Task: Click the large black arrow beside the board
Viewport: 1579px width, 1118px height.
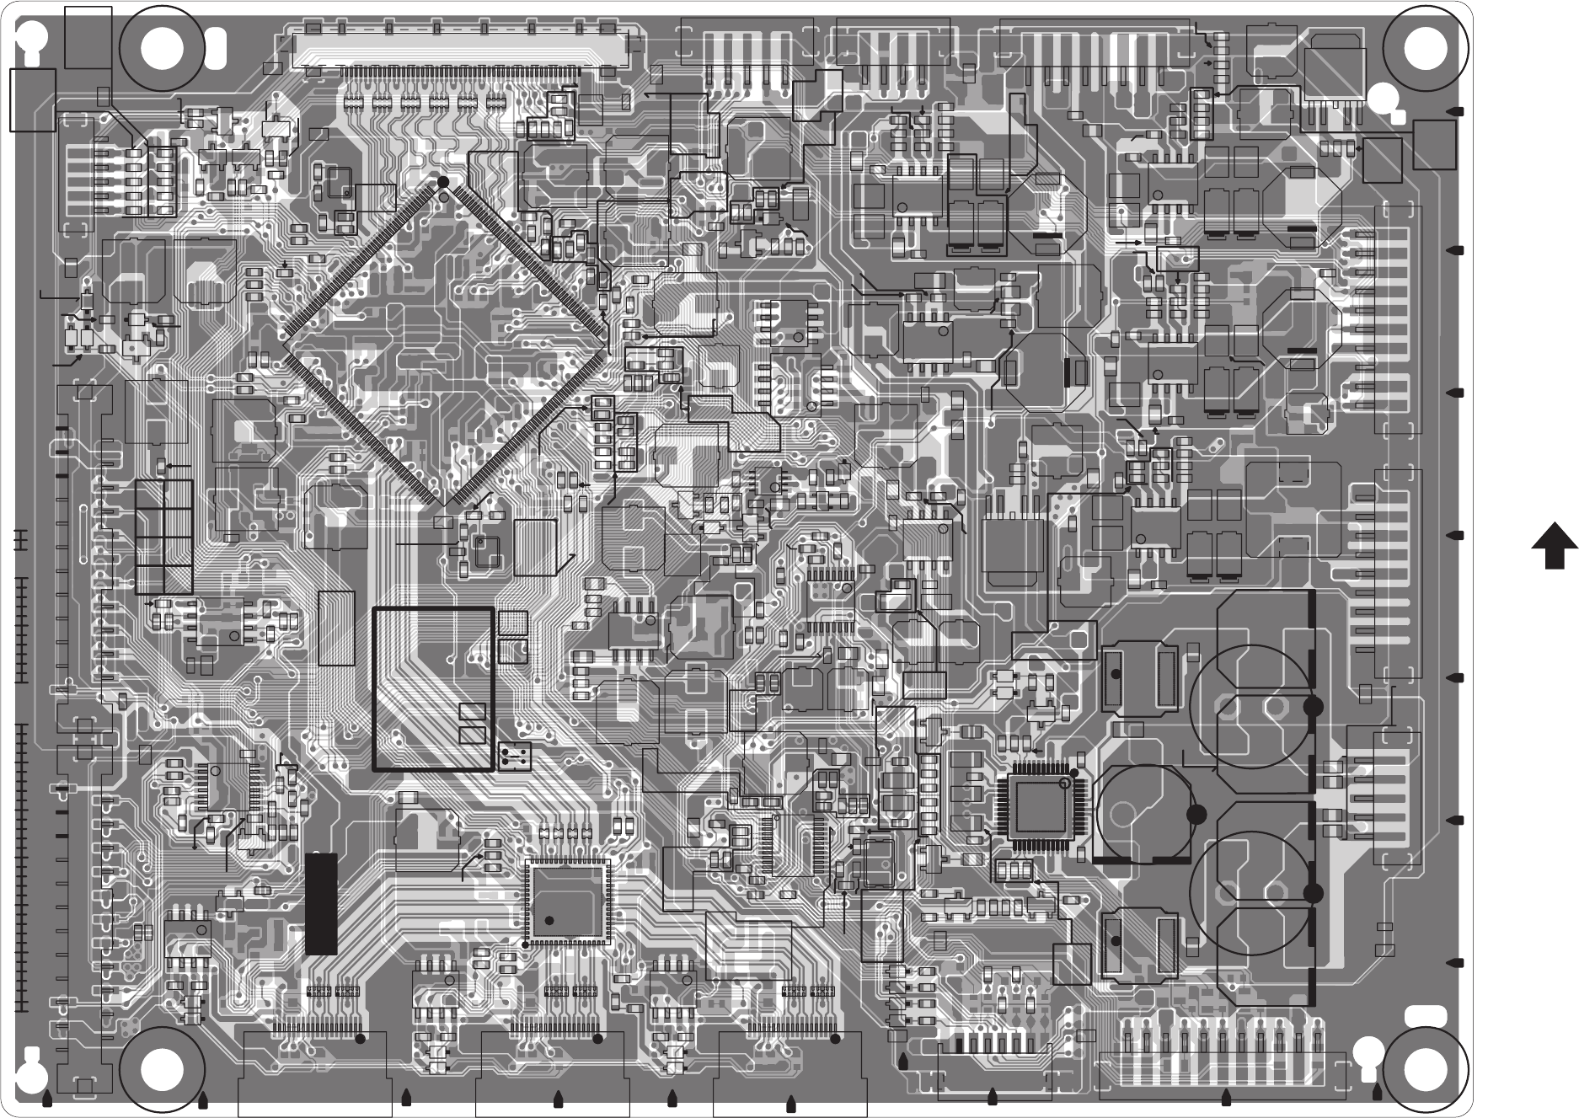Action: (1554, 547)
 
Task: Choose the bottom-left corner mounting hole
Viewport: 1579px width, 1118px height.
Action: (162, 1070)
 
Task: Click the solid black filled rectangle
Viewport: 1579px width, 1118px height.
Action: (321, 904)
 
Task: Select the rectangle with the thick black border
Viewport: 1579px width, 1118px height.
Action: (433, 689)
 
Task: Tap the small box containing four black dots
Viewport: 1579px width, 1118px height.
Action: (514, 755)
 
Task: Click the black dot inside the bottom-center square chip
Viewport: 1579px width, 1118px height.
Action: (549, 920)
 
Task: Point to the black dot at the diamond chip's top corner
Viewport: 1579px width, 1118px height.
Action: (443, 182)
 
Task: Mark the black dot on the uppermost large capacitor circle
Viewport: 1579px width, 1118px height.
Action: (1312, 707)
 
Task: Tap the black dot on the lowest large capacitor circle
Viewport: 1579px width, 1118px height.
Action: (1312, 892)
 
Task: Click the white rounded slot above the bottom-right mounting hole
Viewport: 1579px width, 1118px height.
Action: (1423, 1015)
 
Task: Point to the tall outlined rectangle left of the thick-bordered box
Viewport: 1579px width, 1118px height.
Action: (336, 629)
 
